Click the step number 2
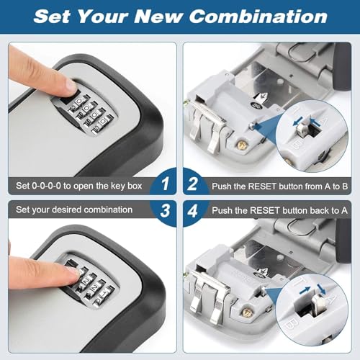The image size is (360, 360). pos(193,186)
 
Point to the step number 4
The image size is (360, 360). pos(193,211)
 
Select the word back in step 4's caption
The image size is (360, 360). pos(307,210)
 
